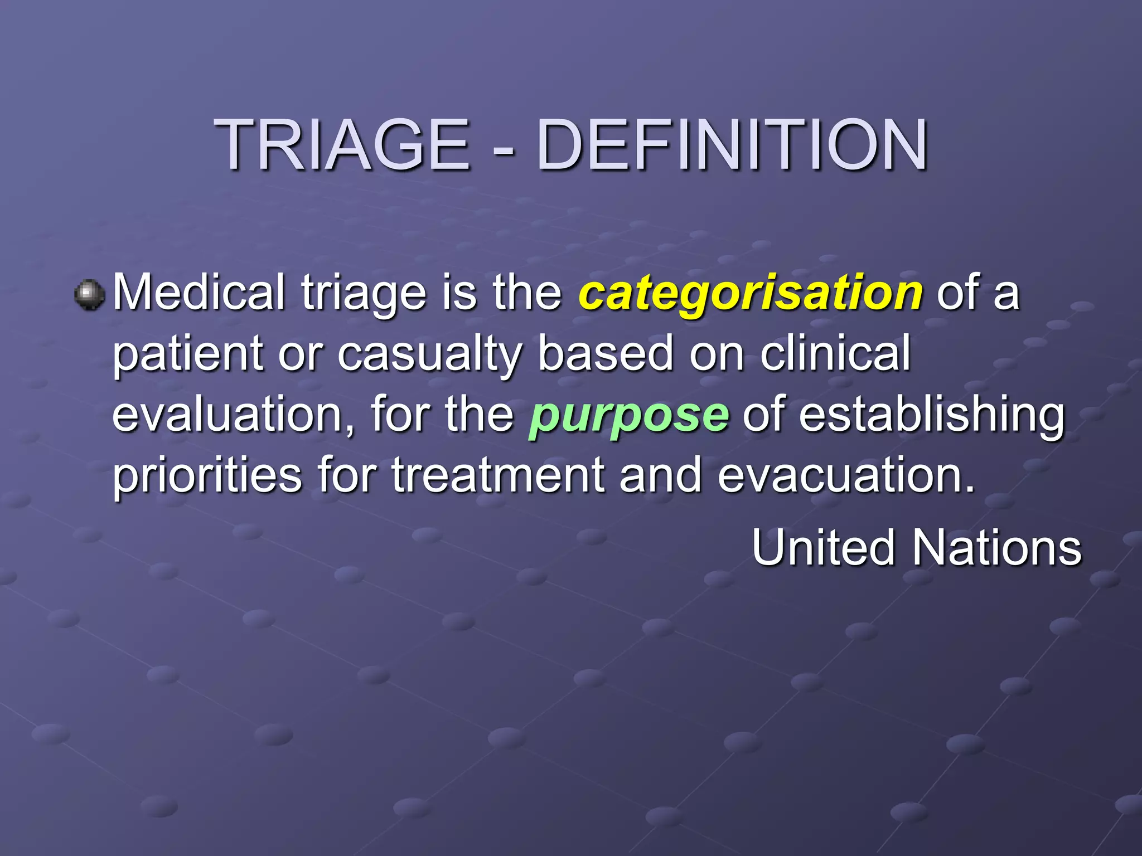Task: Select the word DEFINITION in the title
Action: [x=732, y=146]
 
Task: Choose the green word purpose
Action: [x=628, y=415]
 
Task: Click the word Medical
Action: [x=199, y=292]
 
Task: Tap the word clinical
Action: [x=835, y=353]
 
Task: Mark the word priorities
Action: [x=207, y=475]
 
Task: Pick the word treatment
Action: [x=498, y=475]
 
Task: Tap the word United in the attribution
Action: [x=823, y=548]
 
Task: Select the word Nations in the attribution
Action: [x=996, y=548]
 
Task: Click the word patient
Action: [x=188, y=354]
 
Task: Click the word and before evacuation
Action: [x=661, y=475]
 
